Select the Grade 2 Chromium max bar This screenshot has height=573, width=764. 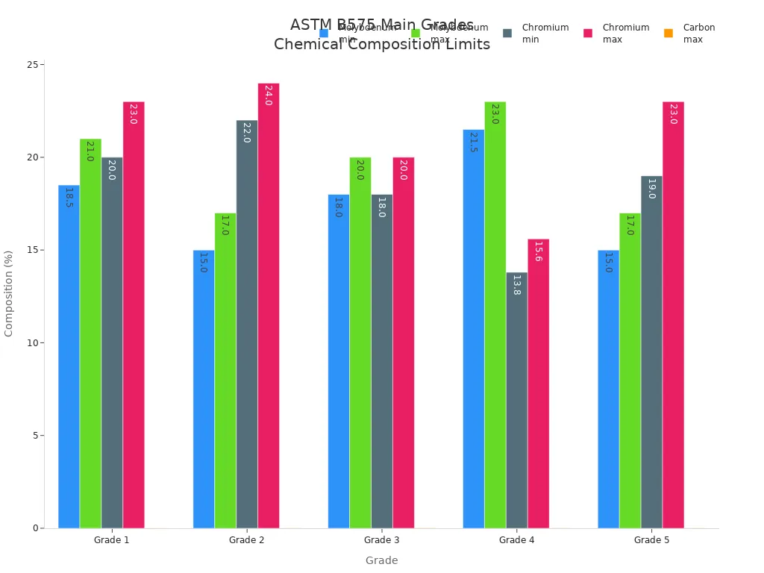(x=269, y=306)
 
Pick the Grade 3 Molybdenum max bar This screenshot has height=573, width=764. (x=360, y=342)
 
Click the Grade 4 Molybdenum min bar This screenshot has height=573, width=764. (x=473, y=329)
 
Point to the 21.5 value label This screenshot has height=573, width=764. (x=473, y=142)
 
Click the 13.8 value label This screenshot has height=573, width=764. (x=516, y=285)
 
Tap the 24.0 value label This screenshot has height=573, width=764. (x=269, y=95)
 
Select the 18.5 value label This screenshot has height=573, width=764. (x=69, y=198)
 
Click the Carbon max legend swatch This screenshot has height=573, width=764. (x=668, y=33)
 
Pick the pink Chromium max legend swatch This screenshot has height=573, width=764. (x=588, y=33)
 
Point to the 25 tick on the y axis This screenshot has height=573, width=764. (x=32, y=65)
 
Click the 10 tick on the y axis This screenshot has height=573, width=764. (x=32, y=343)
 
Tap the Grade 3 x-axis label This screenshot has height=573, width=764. (x=381, y=540)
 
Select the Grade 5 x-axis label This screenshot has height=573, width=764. (x=651, y=540)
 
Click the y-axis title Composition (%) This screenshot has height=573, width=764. (x=9, y=293)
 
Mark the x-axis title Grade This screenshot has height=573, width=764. (x=381, y=560)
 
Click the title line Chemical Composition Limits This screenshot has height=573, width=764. (x=381, y=45)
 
